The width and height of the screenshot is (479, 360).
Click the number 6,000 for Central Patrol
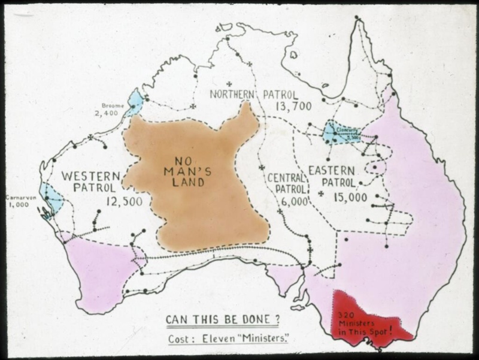[293, 202]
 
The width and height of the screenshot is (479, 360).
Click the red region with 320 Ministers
[365, 320]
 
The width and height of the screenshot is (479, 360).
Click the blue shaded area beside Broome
[134, 103]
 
